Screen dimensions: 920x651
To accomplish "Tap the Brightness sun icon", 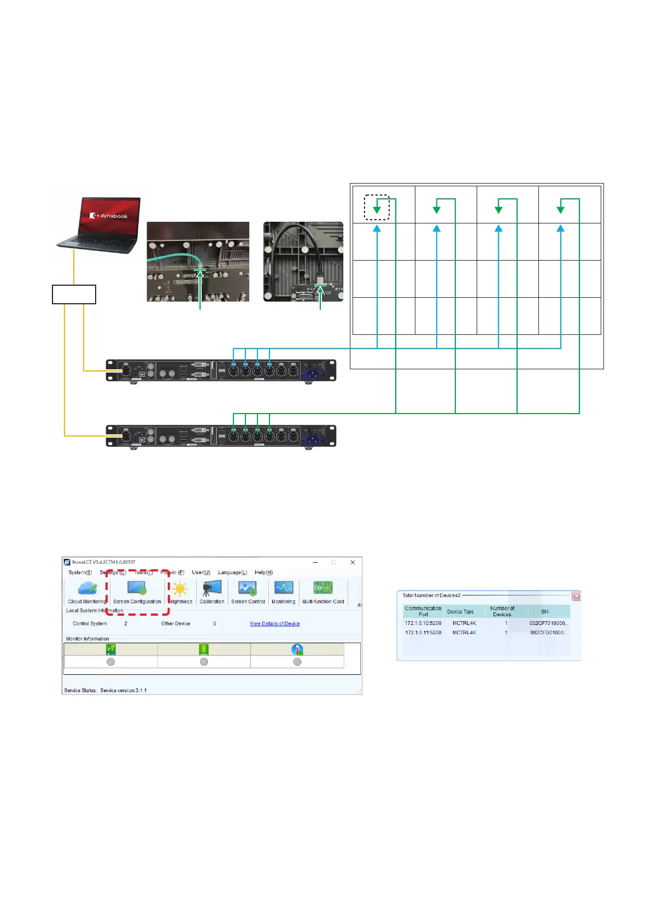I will pos(180,589).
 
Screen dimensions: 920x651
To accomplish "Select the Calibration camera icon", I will pos(212,588).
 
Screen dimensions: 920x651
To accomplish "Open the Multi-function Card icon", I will pos(323,588).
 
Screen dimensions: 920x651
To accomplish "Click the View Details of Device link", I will pos(274,623).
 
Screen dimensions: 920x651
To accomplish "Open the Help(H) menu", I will pos(263,573).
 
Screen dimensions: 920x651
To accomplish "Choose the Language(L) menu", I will pos(232,573).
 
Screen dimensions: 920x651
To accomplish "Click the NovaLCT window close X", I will pos(353,562).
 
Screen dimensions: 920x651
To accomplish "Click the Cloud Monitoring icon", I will pos(87,588).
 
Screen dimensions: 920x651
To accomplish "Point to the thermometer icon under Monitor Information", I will pos(297,650).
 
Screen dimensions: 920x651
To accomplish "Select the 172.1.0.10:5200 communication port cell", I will pos(423,623).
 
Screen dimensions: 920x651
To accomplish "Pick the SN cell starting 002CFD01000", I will pos(548,633).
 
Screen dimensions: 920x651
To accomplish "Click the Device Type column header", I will pos(460,612).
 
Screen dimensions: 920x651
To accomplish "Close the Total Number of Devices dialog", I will pos(576,596).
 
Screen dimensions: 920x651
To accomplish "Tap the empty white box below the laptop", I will pos(74,294).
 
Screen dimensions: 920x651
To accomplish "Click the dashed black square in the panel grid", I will pos(377,208).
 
